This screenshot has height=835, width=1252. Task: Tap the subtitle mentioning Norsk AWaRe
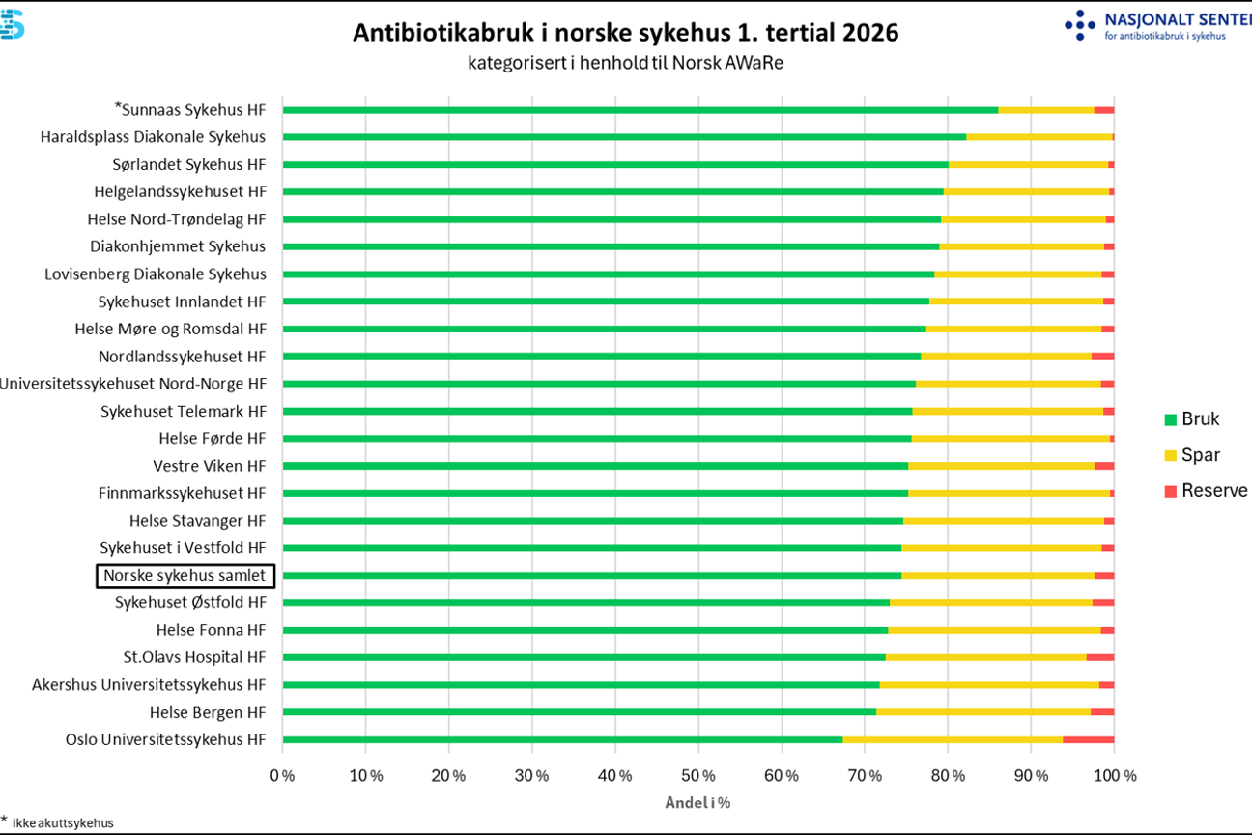(x=625, y=63)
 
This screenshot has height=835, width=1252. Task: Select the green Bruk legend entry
(x=1191, y=418)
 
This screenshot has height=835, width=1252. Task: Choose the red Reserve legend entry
(x=1206, y=491)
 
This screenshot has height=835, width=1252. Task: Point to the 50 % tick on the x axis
(x=698, y=776)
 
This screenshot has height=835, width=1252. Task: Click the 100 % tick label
(x=1115, y=776)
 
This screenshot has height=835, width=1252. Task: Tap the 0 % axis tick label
(x=282, y=776)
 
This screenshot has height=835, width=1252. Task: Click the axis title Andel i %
(x=697, y=802)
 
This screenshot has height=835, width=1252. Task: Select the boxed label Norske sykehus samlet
(x=185, y=575)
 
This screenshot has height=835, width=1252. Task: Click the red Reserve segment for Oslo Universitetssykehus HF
(x=1088, y=740)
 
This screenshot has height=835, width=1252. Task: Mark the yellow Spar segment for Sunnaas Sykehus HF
(x=1046, y=110)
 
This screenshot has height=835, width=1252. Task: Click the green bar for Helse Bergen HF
(x=580, y=712)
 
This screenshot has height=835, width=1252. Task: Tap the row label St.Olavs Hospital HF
(x=194, y=657)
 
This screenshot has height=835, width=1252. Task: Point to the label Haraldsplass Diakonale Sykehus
(x=153, y=137)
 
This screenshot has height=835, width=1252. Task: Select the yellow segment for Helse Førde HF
(x=1011, y=439)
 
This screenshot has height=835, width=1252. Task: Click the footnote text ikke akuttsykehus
(x=63, y=822)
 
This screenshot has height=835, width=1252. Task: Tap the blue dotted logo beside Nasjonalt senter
(x=1080, y=24)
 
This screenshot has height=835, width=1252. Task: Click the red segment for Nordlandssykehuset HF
(x=1103, y=357)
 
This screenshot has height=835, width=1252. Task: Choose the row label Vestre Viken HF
(x=210, y=466)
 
